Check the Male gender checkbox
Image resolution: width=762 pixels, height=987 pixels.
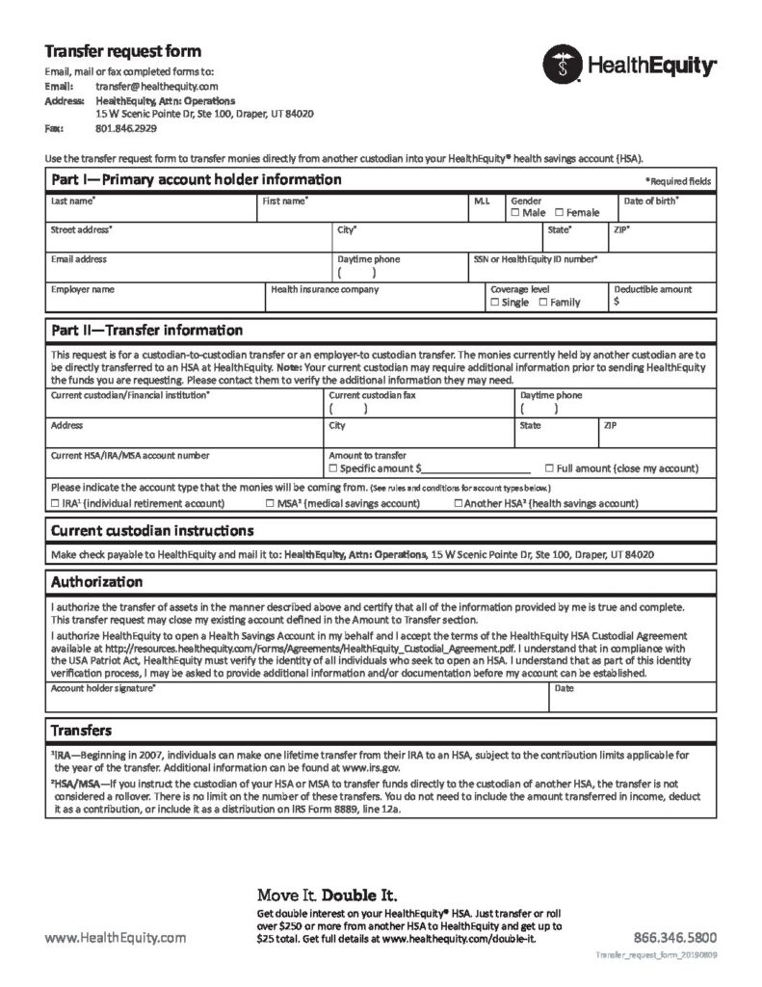pyautogui.click(x=516, y=212)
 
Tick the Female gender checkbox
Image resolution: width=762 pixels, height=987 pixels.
pyautogui.click(x=560, y=212)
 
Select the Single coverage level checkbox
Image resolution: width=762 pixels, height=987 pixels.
pyautogui.click(x=494, y=303)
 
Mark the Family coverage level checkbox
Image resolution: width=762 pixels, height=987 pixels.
pyautogui.click(x=543, y=303)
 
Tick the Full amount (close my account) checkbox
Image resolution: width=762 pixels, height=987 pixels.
pyautogui.click(x=550, y=468)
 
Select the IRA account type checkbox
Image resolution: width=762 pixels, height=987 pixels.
pyautogui.click(x=54, y=503)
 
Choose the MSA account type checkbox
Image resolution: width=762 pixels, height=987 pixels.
pyautogui.click(x=270, y=503)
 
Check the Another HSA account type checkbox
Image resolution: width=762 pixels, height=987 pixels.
pyautogui.click(x=458, y=503)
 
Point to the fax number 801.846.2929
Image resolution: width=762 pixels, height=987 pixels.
pyautogui.click(x=126, y=127)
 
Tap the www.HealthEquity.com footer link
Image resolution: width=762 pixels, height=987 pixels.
pyautogui.click(x=116, y=937)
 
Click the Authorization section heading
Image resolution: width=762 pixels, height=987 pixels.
pyautogui.click(x=96, y=582)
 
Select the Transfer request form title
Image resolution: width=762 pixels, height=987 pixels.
pyautogui.click(x=123, y=51)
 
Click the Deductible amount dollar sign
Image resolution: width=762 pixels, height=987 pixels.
pyautogui.click(x=617, y=302)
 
